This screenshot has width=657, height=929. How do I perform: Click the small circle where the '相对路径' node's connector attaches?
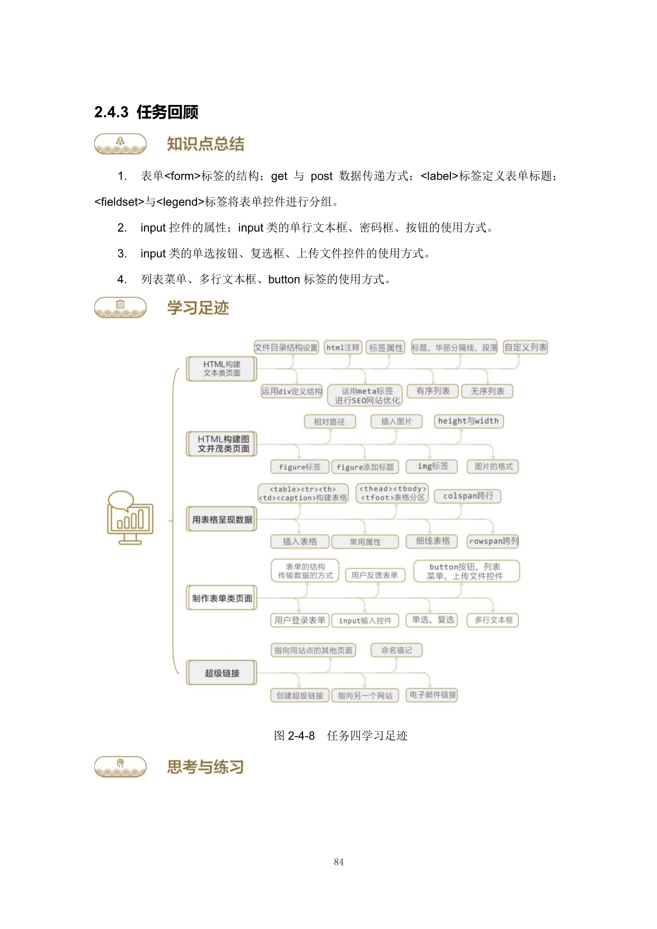[330, 430]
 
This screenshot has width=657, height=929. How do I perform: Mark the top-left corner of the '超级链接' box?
[187, 660]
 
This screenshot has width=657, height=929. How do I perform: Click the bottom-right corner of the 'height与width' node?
[503, 428]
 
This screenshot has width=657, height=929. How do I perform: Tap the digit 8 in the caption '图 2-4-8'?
[312, 736]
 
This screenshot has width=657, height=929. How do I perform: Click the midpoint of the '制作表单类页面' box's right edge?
[257, 598]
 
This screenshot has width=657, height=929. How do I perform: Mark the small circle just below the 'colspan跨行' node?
[461, 505]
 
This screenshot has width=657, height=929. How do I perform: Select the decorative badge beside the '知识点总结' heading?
[120, 144]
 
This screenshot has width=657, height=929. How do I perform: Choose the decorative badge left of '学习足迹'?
[120, 307]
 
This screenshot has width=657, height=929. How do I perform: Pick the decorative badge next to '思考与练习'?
[120, 766]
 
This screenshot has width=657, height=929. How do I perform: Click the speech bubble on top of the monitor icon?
[121, 500]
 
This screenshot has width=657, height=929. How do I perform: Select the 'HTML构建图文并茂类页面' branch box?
[222, 444]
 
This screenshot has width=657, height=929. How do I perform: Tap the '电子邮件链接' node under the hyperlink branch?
[432, 695]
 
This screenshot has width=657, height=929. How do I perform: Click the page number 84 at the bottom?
[339, 862]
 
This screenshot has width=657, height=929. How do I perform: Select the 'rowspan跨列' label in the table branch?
[493, 541]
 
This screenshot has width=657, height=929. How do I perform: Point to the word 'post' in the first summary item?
[322, 176]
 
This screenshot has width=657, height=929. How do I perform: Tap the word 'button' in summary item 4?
[284, 279]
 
